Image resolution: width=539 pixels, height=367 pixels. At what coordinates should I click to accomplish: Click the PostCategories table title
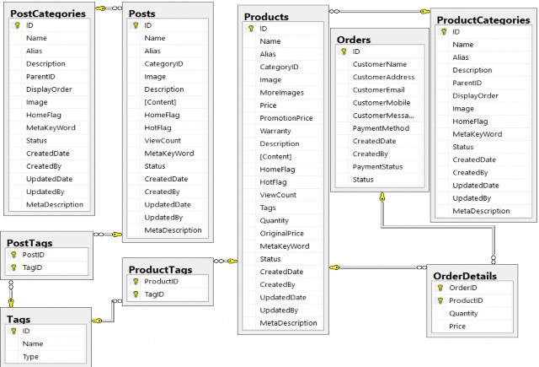(48, 13)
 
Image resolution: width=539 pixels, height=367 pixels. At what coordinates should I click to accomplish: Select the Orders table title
(354, 40)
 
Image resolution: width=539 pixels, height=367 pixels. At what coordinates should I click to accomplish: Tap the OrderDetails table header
(464, 275)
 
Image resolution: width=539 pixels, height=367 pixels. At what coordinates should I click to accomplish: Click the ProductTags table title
(160, 269)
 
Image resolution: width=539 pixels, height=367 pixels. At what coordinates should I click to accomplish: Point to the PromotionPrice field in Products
(286, 118)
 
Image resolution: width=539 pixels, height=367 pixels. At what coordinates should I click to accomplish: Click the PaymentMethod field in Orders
(380, 128)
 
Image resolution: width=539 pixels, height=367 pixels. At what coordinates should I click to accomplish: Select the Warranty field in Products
(276, 131)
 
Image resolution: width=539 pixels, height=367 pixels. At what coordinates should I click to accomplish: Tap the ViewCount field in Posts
(163, 140)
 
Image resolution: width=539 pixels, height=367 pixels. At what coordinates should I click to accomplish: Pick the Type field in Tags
(31, 357)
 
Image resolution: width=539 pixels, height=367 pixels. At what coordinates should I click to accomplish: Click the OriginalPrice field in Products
(284, 233)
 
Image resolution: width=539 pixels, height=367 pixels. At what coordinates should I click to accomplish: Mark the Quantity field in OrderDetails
(464, 313)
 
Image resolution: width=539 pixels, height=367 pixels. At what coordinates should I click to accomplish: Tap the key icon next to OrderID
(440, 288)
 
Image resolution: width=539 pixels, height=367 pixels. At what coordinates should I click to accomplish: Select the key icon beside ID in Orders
(343, 51)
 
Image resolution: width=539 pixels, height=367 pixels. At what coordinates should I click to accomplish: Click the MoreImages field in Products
(281, 93)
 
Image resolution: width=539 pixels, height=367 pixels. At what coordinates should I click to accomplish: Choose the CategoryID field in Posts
(163, 63)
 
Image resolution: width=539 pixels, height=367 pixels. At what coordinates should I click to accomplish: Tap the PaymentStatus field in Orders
(379, 167)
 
